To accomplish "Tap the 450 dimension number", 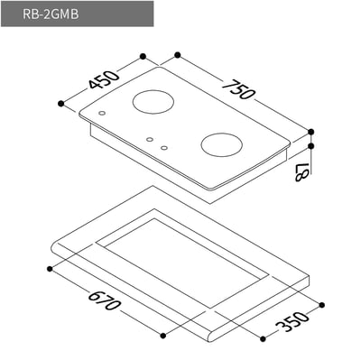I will tap(105, 81).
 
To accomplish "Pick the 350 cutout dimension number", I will tap(294, 320).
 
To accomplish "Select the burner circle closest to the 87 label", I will tap(223, 144).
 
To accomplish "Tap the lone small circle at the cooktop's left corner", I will tap(101, 114).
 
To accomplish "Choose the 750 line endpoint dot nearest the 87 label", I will tap(311, 131).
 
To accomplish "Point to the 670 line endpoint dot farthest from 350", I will tap(49, 267).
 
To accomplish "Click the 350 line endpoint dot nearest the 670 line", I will tap(262, 340).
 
